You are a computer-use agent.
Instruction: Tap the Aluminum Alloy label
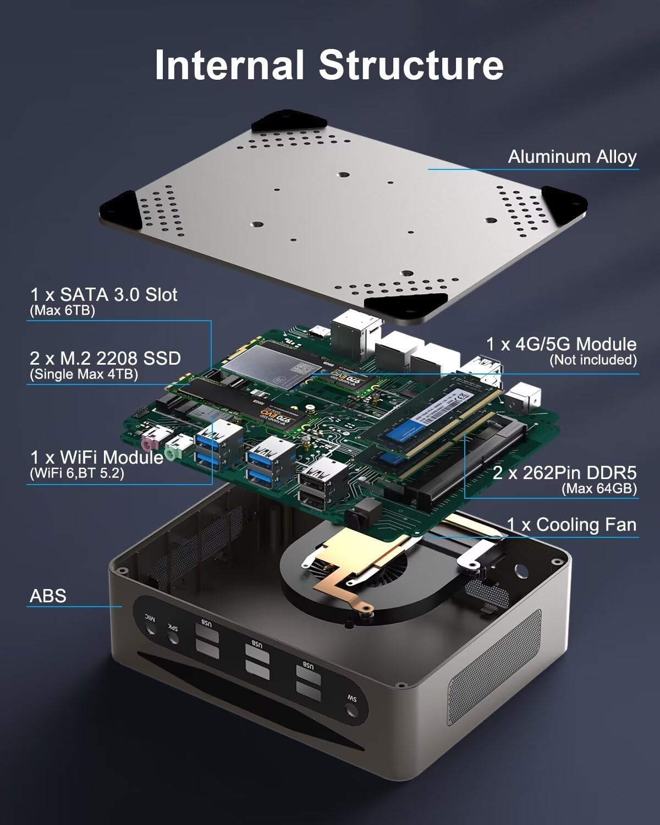click(572, 157)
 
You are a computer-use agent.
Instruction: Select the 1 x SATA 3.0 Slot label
click(104, 295)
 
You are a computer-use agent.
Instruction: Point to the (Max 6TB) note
click(62, 311)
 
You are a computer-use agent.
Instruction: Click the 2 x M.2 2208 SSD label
click(105, 359)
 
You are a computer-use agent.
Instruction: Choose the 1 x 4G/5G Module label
click(561, 344)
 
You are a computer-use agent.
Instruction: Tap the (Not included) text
click(593, 360)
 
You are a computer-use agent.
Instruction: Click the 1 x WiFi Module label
click(97, 457)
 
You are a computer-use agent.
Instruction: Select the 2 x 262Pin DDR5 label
click(564, 472)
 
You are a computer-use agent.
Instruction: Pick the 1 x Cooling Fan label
click(571, 525)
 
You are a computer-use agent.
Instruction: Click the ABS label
click(48, 596)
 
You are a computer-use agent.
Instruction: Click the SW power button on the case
click(350, 712)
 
